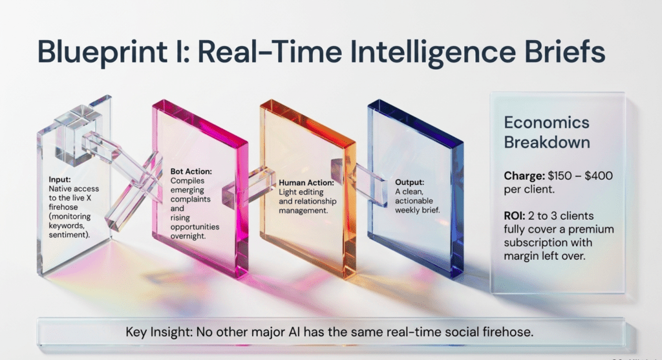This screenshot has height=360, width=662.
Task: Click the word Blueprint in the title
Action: point(102,52)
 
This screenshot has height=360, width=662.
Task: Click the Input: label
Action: point(59,180)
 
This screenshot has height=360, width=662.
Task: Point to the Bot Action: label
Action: point(191,171)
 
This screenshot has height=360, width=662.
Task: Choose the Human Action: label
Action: point(306,183)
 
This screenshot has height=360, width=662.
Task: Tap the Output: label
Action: point(409,182)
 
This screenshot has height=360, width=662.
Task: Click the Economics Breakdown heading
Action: point(547,132)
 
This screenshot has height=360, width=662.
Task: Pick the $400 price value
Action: point(598,176)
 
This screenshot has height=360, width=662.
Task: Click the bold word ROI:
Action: point(514,216)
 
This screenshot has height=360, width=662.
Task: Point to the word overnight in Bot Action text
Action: point(188,236)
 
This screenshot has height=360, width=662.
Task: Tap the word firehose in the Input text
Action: point(63,207)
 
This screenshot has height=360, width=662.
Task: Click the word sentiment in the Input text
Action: point(68,235)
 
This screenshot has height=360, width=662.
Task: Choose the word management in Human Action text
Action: point(303,210)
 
